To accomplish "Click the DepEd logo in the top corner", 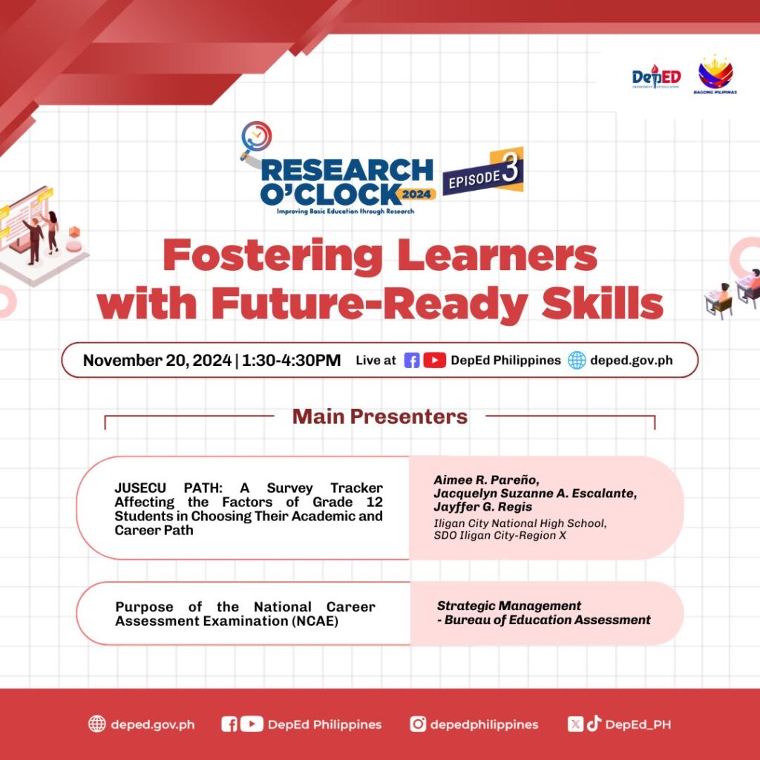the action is pyautogui.click(x=656, y=76).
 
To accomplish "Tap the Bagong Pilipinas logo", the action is pyautogui.click(x=715, y=75).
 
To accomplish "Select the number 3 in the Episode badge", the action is pyautogui.click(x=510, y=168).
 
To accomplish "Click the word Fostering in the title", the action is pyautogui.click(x=272, y=256).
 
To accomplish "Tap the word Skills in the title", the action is pyautogui.click(x=602, y=303).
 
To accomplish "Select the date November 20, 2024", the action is pyautogui.click(x=157, y=360).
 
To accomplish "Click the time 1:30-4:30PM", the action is pyautogui.click(x=291, y=360).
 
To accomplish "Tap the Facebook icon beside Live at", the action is pyautogui.click(x=411, y=361).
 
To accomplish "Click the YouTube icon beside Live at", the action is pyautogui.click(x=434, y=361).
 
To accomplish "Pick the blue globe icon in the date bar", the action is pyautogui.click(x=577, y=360).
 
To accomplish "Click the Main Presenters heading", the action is pyautogui.click(x=380, y=416).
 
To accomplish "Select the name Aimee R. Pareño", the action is pyautogui.click(x=486, y=480).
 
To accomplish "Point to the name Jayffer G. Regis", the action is pyautogui.click(x=482, y=507).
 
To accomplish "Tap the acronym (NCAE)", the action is pyautogui.click(x=315, y=621).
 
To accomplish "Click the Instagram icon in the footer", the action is pyautogui.click(x=418, y=724).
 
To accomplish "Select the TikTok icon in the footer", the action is pyautogui.click(x=594, y=724).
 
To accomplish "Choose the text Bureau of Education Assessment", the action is pyautogui.click(x=547, y=620).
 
